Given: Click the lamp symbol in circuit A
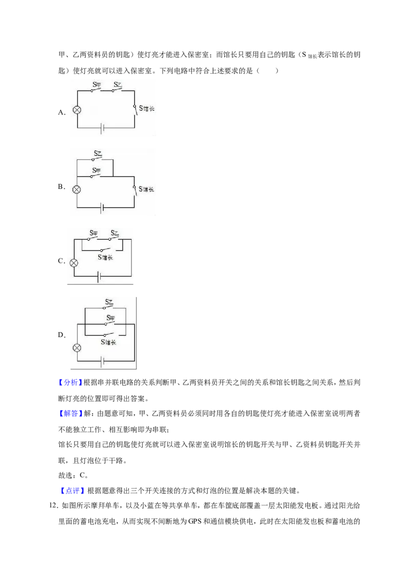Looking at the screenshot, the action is tap(77, 109).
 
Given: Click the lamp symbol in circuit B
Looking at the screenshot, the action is tap(77, 189).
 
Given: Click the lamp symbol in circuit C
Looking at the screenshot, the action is tap(74, 263).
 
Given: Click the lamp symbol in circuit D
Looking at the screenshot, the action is tap(77, 347).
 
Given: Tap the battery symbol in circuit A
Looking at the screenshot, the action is tap(102, 128).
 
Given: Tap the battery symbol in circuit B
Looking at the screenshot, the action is tap(102, 208).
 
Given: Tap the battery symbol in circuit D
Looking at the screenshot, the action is tap(102, 361).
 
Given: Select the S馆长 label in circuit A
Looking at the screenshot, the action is tap(147, 108).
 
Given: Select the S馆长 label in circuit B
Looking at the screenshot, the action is tap(146, 189).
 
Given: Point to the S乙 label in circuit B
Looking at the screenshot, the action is tap(98, 153).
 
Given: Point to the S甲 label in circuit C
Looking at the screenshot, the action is tap(94, 233).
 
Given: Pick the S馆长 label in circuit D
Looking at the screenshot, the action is tap(108, 342).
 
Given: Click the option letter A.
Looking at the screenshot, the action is tap(62, 112).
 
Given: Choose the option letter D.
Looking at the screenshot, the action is tap(62, 335).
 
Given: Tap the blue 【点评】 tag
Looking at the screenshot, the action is tap(73, 491).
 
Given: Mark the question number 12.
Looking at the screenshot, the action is tap(54, 505).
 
